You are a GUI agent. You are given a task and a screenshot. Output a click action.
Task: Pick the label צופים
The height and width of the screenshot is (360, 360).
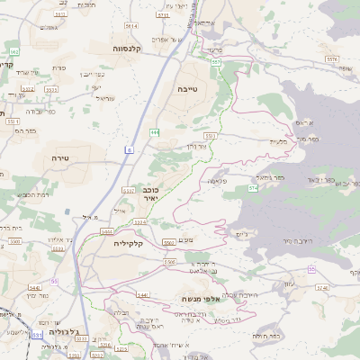pos(199,238)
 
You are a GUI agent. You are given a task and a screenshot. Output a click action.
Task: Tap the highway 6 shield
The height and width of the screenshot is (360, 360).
pos(130,150)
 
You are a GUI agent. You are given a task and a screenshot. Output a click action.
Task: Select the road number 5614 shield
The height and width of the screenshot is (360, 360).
pos(131,26)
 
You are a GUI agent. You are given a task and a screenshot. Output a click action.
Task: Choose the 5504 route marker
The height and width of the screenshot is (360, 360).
pos(118,231)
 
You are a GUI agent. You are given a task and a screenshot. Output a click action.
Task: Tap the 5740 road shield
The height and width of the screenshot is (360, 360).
pos(323,288)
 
